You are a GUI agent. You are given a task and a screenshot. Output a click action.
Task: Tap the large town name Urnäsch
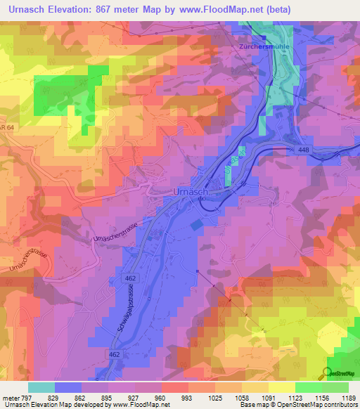pos(189,191)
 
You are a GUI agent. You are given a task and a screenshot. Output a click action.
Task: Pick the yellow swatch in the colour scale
pos(281,387)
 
